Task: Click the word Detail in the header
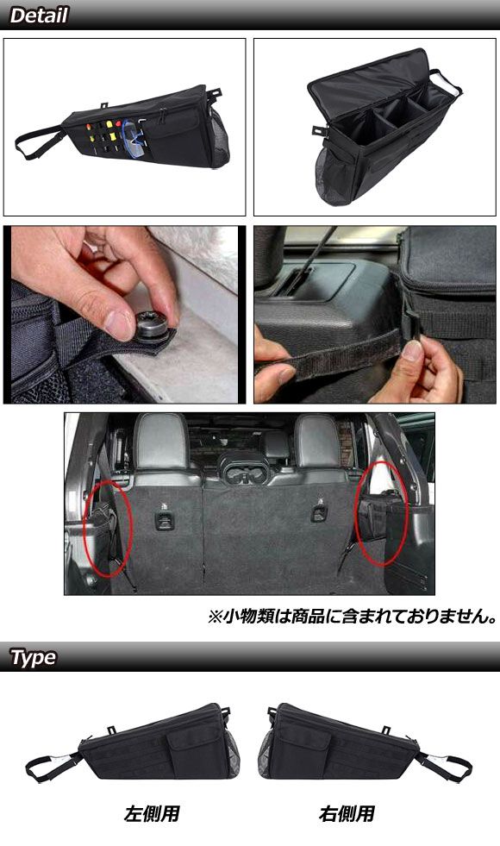(39, 16)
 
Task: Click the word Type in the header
(34, 657)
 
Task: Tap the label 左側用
(152, 813)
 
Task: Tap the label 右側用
(347, 813)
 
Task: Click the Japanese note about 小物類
(353, 616)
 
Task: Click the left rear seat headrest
(161, 442)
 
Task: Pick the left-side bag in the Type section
(132, 742)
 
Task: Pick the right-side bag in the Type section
(366, 742)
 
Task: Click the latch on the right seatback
(319, 512)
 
